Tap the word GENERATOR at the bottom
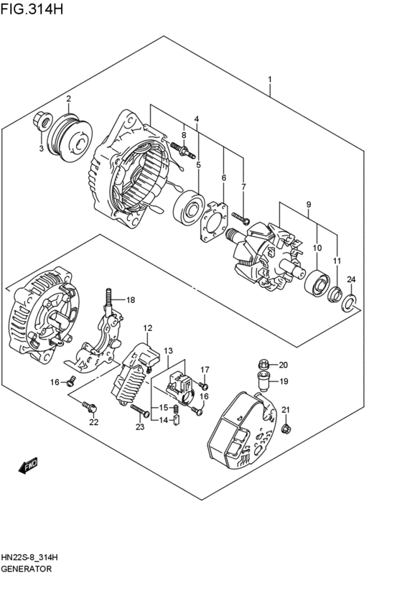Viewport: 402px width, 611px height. (26, 568)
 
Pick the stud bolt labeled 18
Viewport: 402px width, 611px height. (109, 299)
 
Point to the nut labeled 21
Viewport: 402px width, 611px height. (285, 429)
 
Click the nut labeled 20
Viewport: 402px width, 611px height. (263, 364)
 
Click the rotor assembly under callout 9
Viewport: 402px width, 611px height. (262, 255)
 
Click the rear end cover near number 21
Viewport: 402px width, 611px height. (240, 431)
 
